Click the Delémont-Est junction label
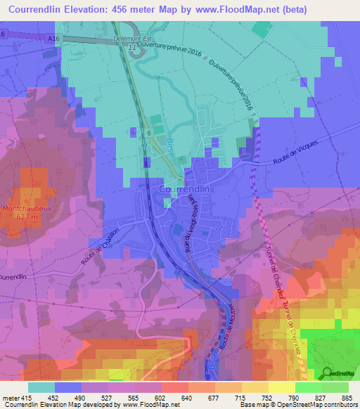pyautogui.click(x=134, y=40)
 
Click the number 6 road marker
pyautogui.click(x=149, y=131)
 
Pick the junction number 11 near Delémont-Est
pyautogui.click(x=132, y=48)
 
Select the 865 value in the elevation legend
pyautogui.click(x=346, y=397)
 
